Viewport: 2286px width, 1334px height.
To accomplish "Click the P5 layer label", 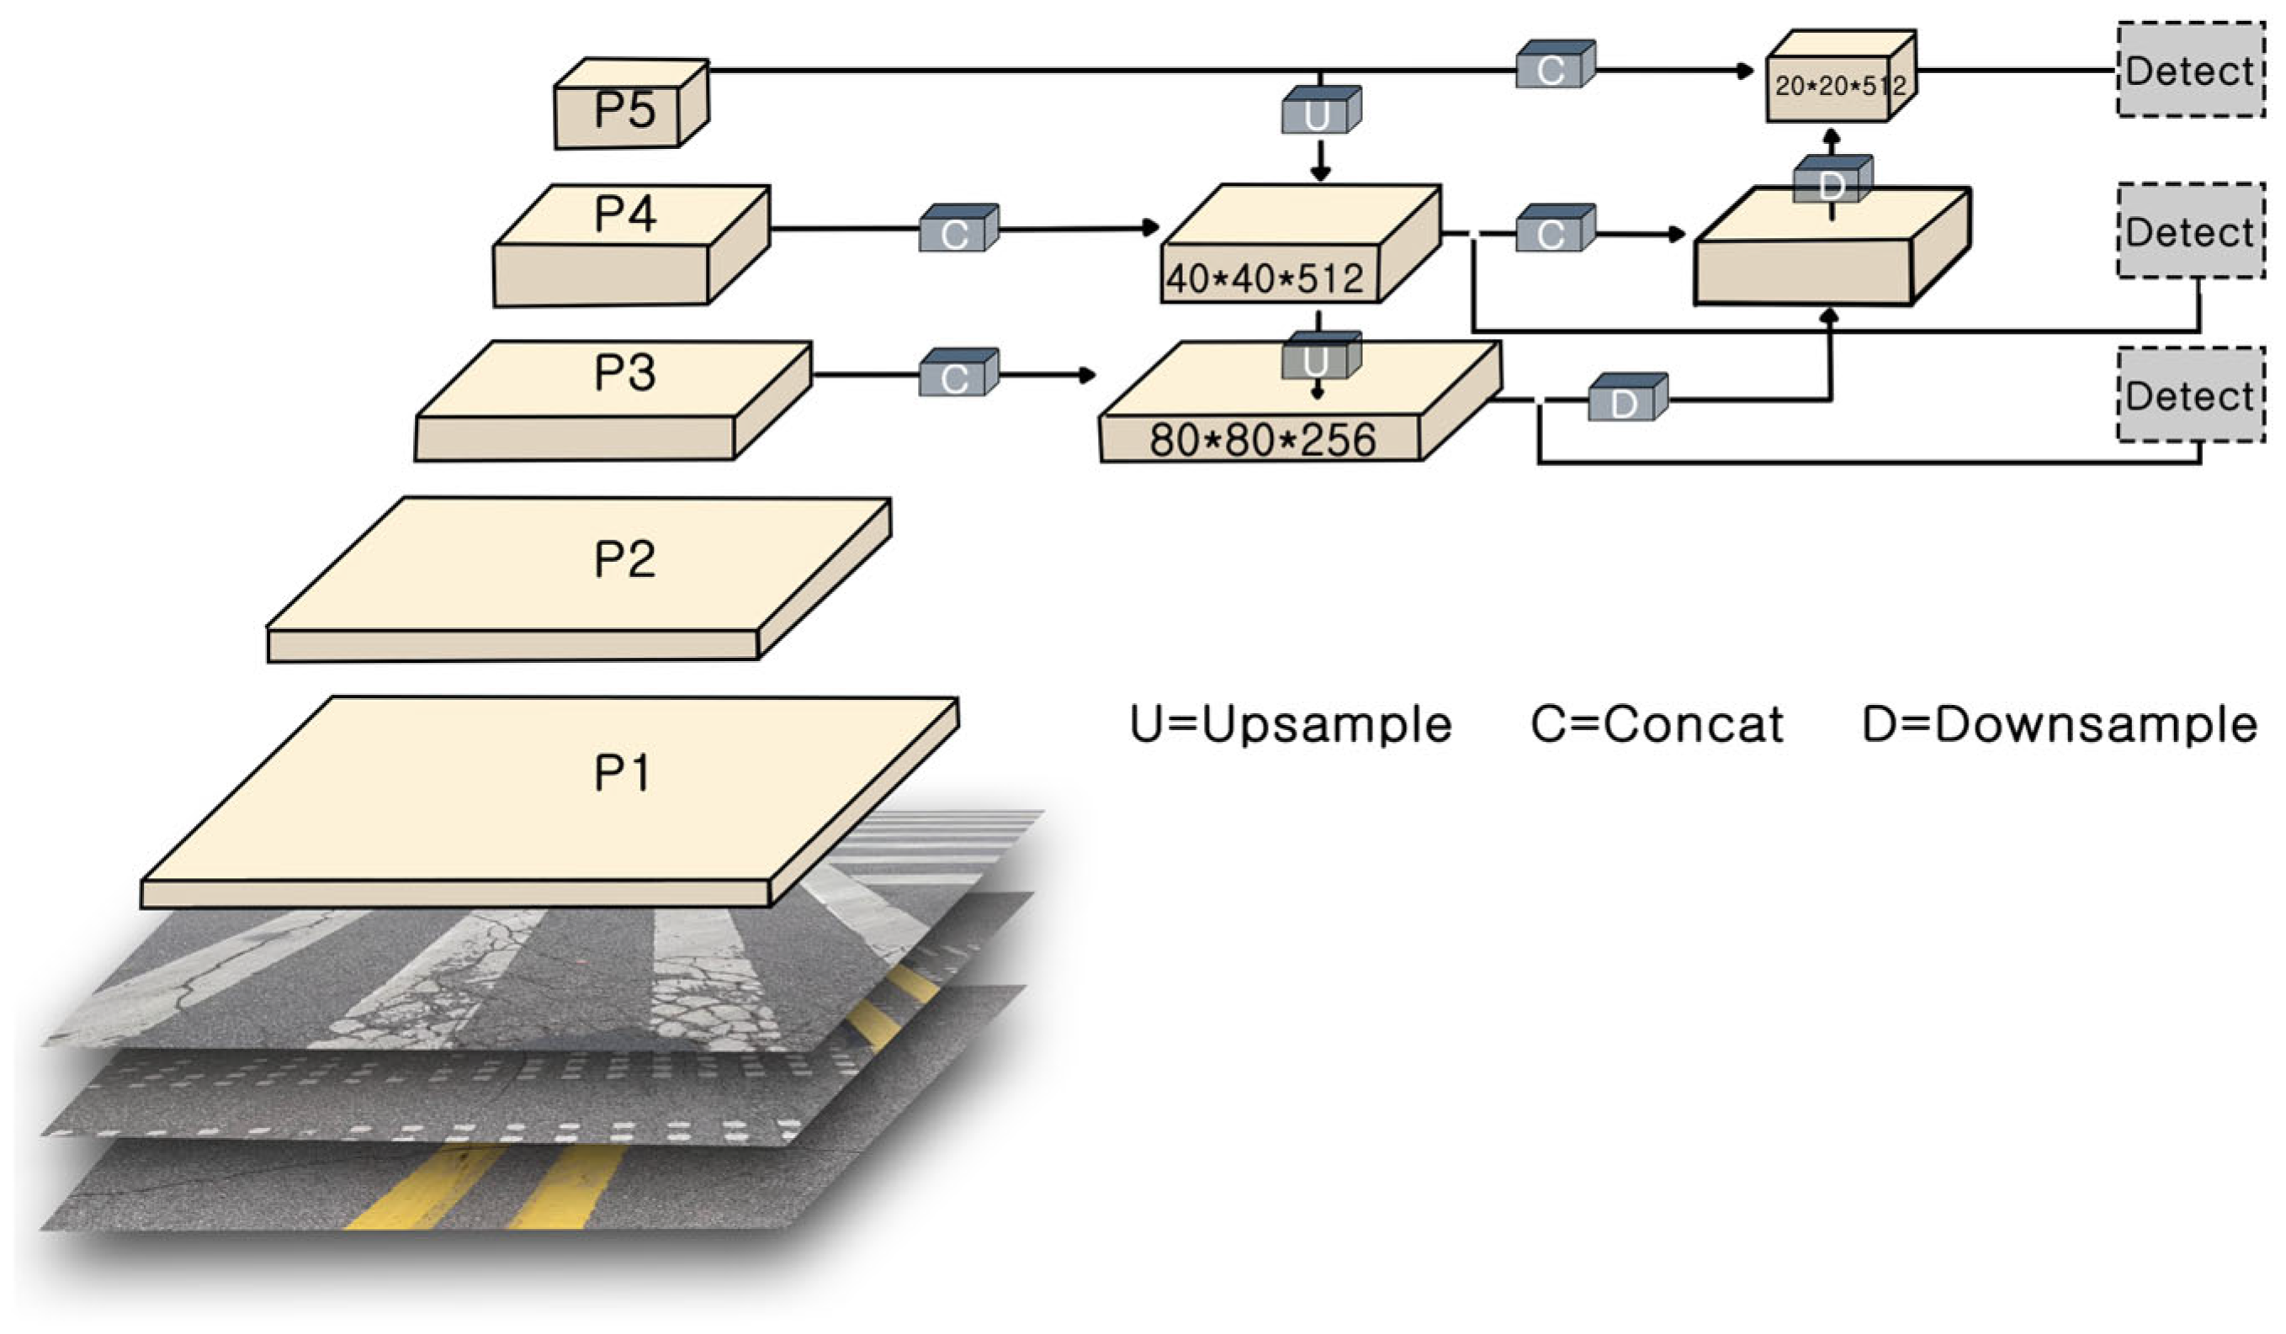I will (624, 109).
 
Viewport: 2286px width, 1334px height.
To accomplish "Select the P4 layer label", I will (624, 215).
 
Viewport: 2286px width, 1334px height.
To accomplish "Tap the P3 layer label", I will (624, 373).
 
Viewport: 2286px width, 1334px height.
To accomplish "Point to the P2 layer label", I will (624, 558).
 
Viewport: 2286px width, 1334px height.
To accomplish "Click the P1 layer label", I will (623, 774).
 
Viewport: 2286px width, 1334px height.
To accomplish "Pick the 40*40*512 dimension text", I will (1265, 278).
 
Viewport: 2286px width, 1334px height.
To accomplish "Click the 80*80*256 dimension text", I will (1263, 440).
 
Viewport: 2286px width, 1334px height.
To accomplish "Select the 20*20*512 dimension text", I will (1840, 86).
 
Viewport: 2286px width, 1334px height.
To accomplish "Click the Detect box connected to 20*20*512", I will (2190, 71).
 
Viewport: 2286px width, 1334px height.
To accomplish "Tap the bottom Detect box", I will (2190, 396).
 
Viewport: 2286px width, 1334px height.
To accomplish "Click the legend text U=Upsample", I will (1290, 724).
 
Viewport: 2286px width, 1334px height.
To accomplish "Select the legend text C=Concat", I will (1657, 724).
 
